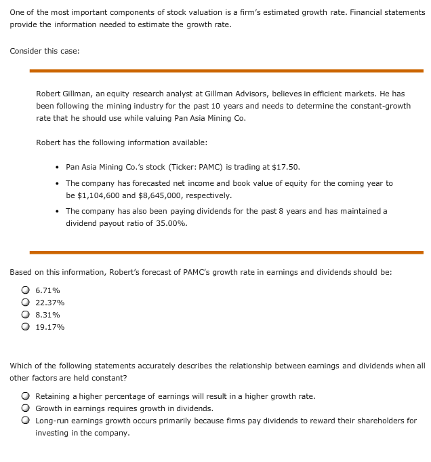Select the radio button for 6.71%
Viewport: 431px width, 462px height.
coord(25,290)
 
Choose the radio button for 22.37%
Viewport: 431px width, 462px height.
coord(25,303)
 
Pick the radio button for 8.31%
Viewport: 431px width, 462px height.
coord(25,315)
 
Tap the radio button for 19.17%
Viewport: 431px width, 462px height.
coord(25,327)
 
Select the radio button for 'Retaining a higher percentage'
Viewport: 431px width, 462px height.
coord(25,396)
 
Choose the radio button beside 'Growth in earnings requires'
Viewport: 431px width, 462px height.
coord(25,408)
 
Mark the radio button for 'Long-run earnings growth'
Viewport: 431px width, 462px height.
coord(25,421)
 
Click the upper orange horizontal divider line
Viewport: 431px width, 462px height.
coord(226,71)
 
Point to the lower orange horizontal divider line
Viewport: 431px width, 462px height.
coord(226,252)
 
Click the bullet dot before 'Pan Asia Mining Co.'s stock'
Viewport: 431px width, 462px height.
coord(57,168)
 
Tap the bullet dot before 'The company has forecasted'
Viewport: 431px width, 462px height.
coord(57,184)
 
